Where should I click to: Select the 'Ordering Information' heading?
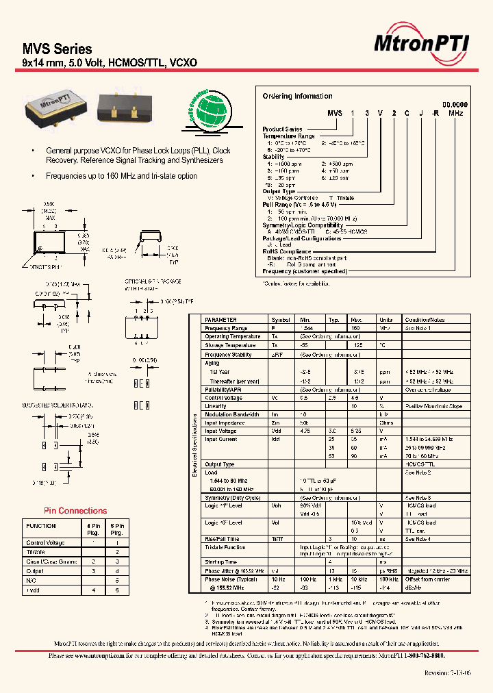pos(297,96)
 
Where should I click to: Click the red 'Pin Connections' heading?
pos(75,511)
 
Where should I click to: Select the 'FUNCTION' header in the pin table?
pos(41,526)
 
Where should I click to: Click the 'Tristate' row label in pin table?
pos(36,551)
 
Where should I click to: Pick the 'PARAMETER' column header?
pos(221,320)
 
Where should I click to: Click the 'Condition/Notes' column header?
pos(425,320)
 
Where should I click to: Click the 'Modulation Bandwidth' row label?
pos(231,414)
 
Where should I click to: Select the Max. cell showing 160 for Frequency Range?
pos(355,329)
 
